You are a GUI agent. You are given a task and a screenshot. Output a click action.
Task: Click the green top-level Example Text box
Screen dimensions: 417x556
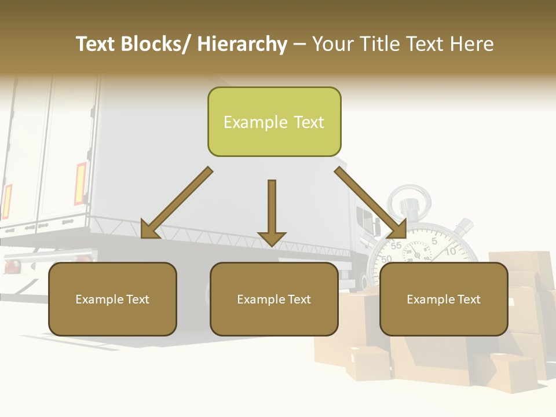pyautogui.click(x=274, y=122)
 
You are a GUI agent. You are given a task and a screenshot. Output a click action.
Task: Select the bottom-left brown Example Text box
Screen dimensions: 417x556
pyautogui.click(x=112, y=299)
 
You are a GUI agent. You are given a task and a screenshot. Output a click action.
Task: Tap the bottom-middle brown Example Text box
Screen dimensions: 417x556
pyautogui.click(x=274, y=299)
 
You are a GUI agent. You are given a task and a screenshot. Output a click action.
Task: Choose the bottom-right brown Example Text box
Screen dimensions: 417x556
pyautogui.click(x=444, y=299)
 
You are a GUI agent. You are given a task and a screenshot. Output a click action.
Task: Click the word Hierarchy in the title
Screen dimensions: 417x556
pyautogui.click(x=242, y=45)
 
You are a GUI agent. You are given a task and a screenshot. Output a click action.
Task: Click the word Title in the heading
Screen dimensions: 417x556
pyautogui.click(x=379, y=45)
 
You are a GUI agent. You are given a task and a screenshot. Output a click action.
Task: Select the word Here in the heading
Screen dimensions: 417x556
pyautogui.click(x=473, y=45)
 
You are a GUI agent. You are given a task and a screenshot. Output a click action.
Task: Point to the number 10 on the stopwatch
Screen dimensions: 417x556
pyautogui.click(x=451, y=251)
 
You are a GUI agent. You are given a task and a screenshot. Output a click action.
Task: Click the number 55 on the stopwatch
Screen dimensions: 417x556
pyautogui.click(x=396, y=246)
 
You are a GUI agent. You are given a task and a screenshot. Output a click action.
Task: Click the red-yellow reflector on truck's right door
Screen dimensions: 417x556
pyautogui.click(x=80, y=183)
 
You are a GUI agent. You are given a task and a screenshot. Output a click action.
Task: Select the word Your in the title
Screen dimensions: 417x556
pyautogui.click(x=332, y=45)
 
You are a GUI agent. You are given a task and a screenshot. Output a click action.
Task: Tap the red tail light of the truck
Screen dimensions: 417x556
pyautogui.click(x=12, y=266)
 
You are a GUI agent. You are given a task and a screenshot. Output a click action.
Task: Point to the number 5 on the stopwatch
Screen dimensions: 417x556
pyautogui.click(x=434, y=241)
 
